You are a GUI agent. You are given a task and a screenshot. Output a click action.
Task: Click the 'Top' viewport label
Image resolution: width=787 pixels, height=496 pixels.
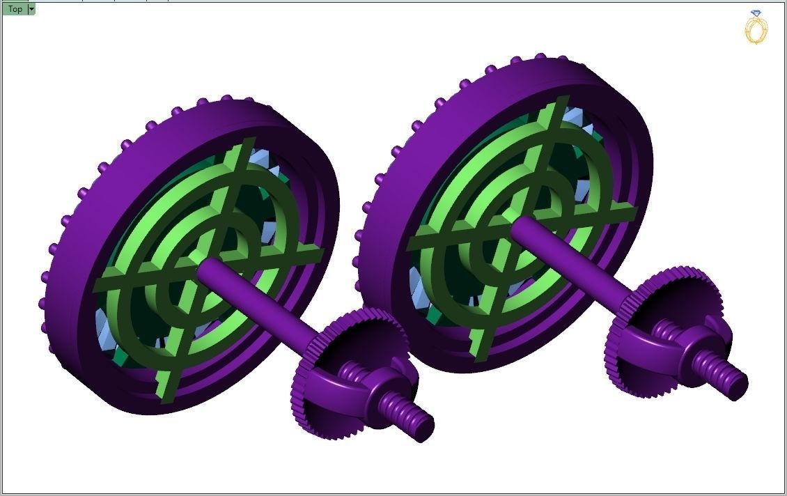(x=15, y=9)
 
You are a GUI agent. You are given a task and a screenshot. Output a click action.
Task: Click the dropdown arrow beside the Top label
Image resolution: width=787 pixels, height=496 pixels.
(x=31, y=9)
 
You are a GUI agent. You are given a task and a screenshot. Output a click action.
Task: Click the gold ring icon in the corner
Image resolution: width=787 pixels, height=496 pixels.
(x=756, y=28)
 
